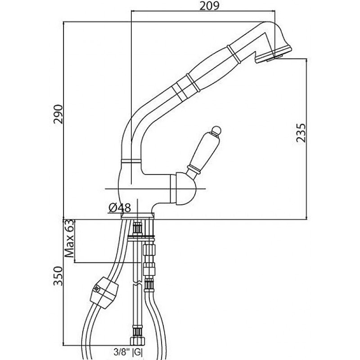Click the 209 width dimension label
pyautogui.click(x=209, y=6)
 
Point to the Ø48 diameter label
pyautogui.click(x=120, y=207)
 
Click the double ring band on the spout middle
pyautogui.click(x=184, y=88)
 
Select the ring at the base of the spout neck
pyautogui.click(x=130, y=160)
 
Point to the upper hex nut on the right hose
pyautogui.click(x=149, y=249)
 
